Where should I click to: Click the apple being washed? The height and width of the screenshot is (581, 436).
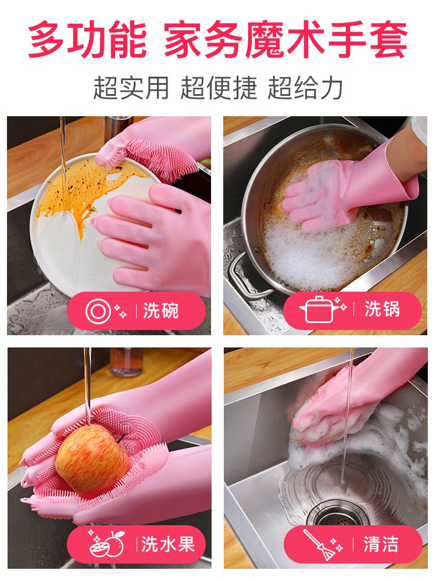[x=92, y=460]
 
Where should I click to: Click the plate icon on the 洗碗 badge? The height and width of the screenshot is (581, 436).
[x=98, y=311]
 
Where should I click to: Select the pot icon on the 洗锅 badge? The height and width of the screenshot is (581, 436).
[x=317, y=310]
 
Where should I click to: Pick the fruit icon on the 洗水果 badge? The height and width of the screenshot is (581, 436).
[x=107, y=544]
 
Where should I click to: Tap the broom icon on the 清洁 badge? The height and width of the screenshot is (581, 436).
[x=319, y=544]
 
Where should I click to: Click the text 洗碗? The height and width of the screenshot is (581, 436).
[x=161, y=310]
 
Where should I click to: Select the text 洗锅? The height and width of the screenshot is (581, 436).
[x=382, y=309]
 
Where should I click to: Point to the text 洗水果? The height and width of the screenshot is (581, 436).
[x=168, y=544]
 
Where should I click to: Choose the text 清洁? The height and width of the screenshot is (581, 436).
[x=381, y=544]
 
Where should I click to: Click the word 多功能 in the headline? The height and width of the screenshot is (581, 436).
[x=88, y=40]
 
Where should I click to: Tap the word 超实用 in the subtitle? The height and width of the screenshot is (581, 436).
[x=131, y=88]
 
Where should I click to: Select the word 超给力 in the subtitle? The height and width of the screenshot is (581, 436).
[x=305, y=88]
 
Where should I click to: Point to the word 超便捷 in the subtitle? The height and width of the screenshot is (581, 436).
[x=219, y=88]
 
